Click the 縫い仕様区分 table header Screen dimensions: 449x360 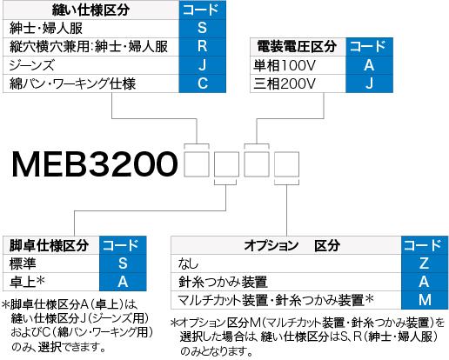click(90, 10)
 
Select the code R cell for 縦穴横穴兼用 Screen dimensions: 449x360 click(203, 47)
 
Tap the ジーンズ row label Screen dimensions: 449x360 click(90, 65)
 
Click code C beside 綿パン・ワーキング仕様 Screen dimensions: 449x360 click(203, 83)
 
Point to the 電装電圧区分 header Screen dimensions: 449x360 click(298, 47)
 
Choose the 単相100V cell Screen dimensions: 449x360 click(298, 65)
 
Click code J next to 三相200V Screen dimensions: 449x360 click(369, 83)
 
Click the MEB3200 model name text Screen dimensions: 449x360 click(95, 164)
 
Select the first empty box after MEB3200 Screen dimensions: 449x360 click(197, 164)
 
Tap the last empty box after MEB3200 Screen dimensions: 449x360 click(286, 164)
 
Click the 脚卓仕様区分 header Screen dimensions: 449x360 click(51, 245)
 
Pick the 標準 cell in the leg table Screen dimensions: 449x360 click(51, 263)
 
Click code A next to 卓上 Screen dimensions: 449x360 click(123, 282)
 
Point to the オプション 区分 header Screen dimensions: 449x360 click(286, 245)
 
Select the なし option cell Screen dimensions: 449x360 click(286, 263)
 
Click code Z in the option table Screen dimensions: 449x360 click(425, 263)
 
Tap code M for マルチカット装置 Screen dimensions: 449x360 click(425, 300)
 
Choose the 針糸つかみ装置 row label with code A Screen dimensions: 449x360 click(286, 282)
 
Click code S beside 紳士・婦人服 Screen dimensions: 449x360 click(203, 29)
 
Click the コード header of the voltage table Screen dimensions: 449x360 click(369, 47)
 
